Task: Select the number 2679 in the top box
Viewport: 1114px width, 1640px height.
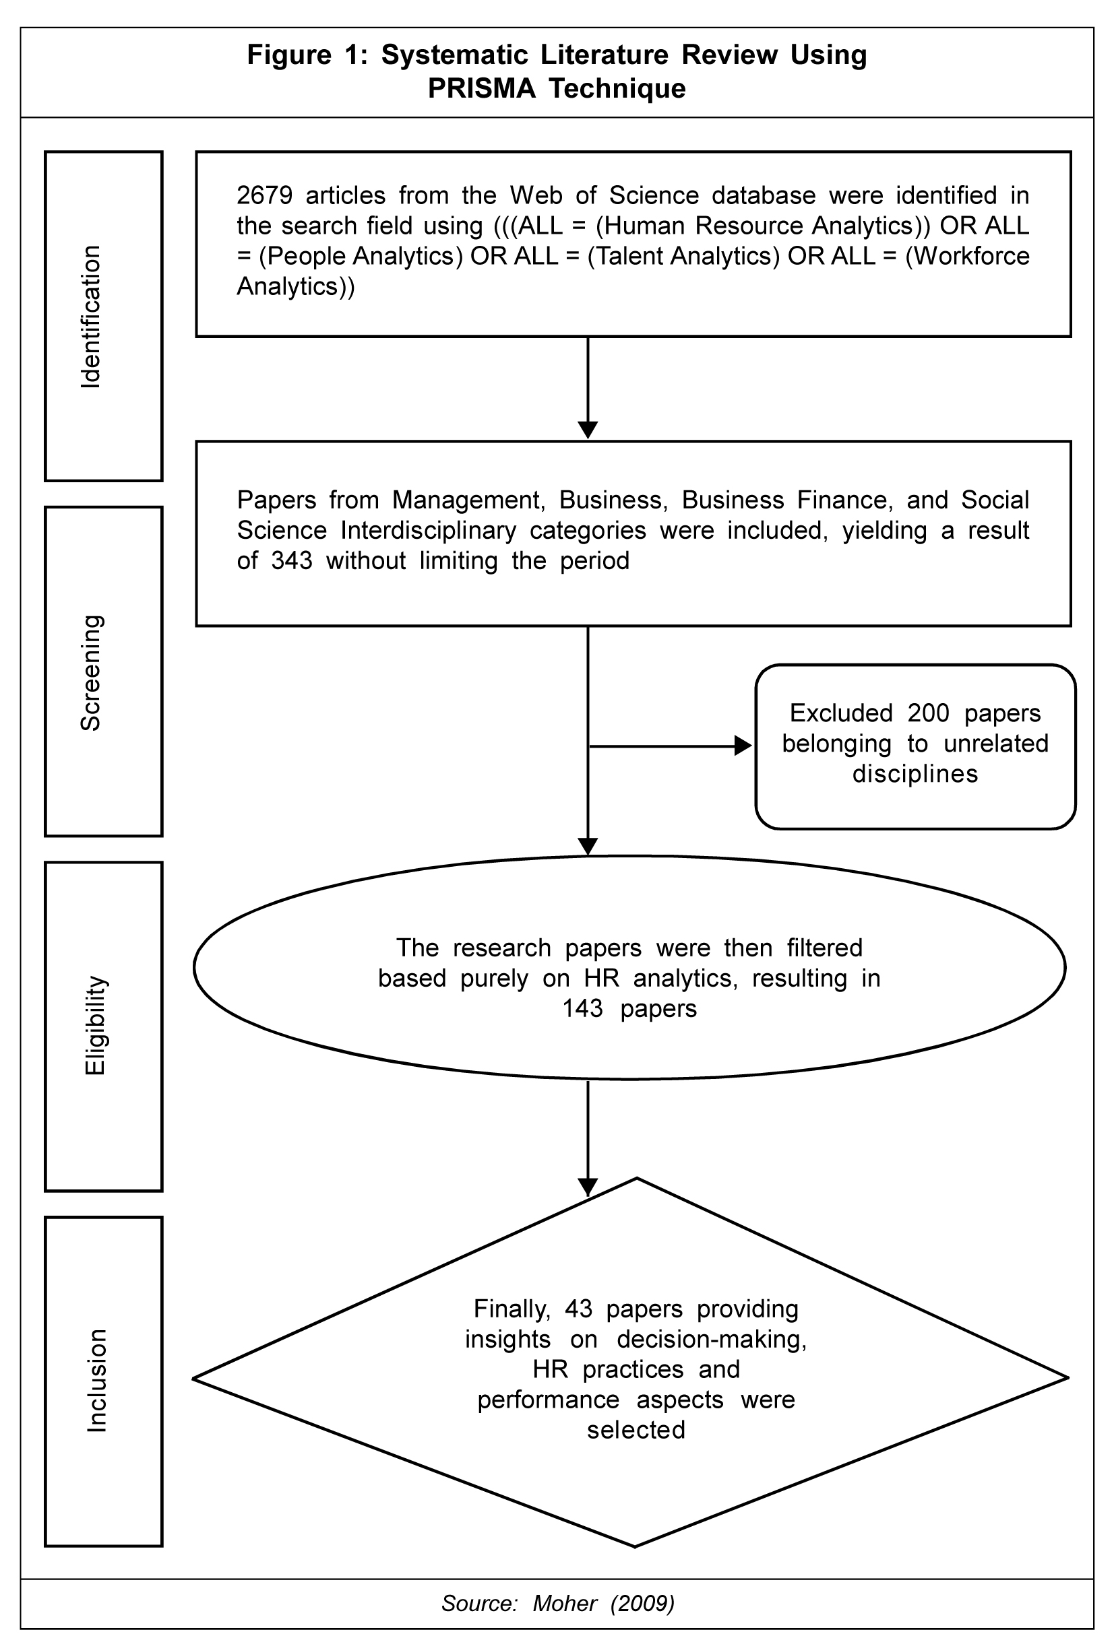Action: click(x=264, y=195)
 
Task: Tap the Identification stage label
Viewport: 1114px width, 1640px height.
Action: click(x=90, y=316)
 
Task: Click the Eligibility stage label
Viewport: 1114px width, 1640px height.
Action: click(x=94, y=1026)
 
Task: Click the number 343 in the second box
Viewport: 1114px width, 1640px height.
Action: click(x=292, y=560)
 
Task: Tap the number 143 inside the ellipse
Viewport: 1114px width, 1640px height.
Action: click(x=582, y=1008)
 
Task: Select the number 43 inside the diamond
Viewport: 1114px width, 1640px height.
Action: click(x=578, y=1309)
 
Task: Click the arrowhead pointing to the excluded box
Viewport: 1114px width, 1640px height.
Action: click(x=743, y=745)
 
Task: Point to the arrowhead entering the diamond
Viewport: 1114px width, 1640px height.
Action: click(x=588, y=1187)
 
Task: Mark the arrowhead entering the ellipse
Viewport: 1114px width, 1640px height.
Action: click(x=588, y=846)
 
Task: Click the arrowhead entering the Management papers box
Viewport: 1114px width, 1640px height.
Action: click(x=588, y=430)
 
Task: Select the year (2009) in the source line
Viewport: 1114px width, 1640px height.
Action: click(x=642, y=1604)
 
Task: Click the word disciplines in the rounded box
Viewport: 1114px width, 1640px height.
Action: click(x=915, y=773)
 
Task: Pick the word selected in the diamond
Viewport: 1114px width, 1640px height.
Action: click(x=636, y=1430)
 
